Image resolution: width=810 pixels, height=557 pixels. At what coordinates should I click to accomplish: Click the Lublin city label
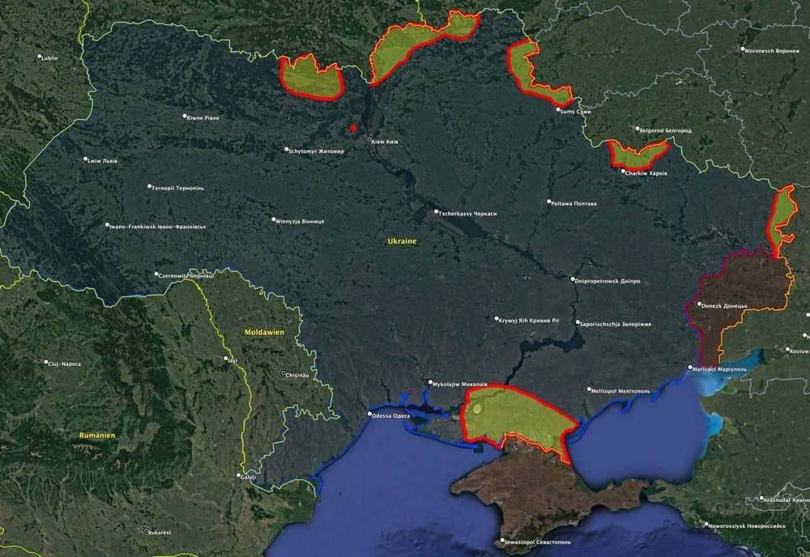[x=49, y=58]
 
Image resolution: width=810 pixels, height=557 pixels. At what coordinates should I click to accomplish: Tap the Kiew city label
[x=386, y=142]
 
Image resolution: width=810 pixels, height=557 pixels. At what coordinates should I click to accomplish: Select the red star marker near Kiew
[x=353, y=128]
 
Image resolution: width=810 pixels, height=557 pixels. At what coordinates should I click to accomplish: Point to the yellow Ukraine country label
[x=402, y=242]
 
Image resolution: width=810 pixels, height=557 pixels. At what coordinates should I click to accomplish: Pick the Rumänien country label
[x=97, y=436]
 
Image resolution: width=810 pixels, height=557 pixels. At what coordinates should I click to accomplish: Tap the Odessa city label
[x=390, y=416]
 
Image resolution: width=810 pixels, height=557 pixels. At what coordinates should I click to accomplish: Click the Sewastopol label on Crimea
[x=539, y=541]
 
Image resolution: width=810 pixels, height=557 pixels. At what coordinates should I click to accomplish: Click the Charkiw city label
[x=647, y=172]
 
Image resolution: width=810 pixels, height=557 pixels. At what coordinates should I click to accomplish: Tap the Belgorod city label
[x=667, y=130]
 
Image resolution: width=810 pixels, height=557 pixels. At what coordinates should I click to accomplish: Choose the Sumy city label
[x=577, y=111]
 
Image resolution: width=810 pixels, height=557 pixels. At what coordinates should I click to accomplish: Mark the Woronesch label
[x=772, y=50]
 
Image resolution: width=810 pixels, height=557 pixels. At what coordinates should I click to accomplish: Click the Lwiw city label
[x=103, y=160]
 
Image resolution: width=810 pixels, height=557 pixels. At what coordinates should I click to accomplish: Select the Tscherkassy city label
[x=467, y=213]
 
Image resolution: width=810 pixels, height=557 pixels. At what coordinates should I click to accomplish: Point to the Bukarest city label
[x=160, y=532]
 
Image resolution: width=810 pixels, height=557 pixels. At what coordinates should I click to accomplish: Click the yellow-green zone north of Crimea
[x=518, y=413]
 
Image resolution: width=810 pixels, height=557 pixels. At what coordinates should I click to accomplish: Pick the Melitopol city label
[x=621, y=391]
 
